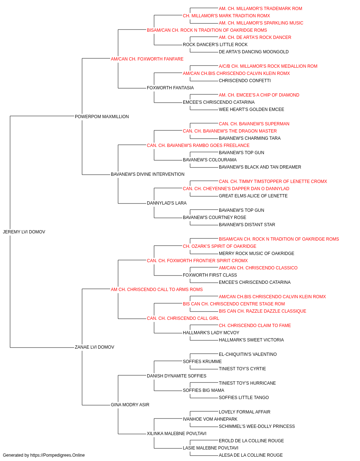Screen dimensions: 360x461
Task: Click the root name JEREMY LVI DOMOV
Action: (24, 232)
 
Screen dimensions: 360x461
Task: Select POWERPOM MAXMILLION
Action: (102, 117)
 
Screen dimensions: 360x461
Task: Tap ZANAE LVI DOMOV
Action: (95, 347)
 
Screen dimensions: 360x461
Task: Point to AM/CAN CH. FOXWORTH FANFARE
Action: (147, 59)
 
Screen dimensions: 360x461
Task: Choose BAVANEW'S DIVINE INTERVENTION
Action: (148, 174)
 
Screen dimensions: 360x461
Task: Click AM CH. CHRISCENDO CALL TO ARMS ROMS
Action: (157, 289)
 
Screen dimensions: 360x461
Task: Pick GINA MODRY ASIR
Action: (130, 405)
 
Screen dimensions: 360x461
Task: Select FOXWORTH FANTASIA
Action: (170, 88)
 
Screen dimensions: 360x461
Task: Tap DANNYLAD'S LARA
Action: (167, 203)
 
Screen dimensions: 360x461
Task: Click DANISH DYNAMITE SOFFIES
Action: (177, 376)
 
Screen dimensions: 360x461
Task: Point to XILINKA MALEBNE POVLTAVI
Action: (177, 434)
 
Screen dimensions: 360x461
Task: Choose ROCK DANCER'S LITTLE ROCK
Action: (215, 45)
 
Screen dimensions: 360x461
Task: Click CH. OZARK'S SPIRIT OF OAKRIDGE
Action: (220, 246)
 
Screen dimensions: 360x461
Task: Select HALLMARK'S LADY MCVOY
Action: (211, 333)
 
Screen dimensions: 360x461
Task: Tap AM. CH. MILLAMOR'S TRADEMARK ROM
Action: (261, 9)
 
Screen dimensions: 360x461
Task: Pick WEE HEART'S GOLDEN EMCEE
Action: (251, 109)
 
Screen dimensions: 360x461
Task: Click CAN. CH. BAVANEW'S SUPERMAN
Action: (254, 124)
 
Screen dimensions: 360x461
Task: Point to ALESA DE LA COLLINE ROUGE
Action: (251, 455)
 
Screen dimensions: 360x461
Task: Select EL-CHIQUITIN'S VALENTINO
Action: (248, 354)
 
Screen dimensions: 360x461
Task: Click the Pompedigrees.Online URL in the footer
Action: (58, 455)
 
